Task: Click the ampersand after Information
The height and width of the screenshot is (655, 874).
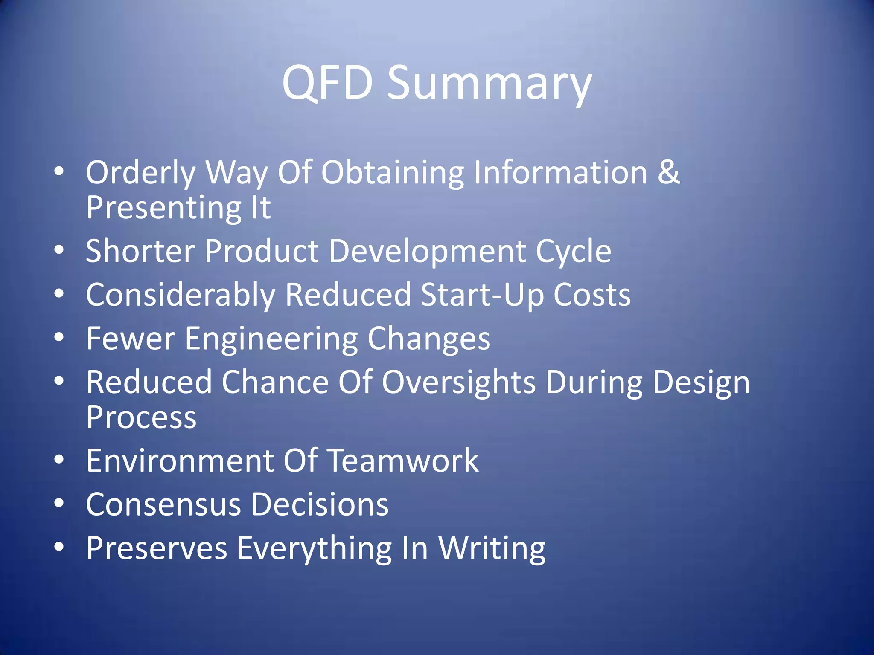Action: point(668,172)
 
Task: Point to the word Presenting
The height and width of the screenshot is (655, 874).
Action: point(164,209)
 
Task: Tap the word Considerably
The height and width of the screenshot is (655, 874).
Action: point(181,296)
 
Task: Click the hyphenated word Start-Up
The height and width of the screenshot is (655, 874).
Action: point(482,296)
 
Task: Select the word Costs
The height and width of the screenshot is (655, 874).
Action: point(592,295)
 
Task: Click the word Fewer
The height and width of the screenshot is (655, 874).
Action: point(131,339)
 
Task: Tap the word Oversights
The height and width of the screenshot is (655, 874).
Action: point(458,383)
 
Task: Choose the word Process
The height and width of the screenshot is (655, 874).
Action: point(141,417)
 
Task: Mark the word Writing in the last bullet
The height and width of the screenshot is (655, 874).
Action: point(492,549)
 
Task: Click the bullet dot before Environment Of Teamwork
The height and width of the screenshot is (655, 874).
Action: point(59,460)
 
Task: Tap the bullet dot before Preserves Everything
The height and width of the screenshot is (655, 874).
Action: point(59,547)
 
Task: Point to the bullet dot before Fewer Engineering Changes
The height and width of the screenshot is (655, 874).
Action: point(59,337)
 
